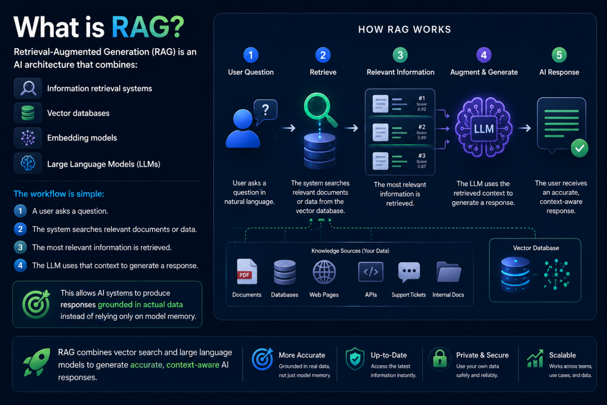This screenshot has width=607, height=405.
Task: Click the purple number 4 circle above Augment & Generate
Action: pos(484,55)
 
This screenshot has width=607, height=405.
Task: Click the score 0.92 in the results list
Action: pos(421,109)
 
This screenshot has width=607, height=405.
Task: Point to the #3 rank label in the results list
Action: pos(421,156)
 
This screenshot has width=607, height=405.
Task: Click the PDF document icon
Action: pos(247,272)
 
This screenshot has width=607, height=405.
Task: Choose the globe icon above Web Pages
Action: pos(324,272)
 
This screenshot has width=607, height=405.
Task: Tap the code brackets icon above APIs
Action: pos(371,272)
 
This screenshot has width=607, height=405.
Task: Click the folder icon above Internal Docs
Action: pos(449,272)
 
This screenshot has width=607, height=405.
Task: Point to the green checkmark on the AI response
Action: pos(579,148)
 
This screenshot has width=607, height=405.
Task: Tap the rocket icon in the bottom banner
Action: pos(37,362)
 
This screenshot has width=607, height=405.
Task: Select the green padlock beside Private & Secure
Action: pos(440,359)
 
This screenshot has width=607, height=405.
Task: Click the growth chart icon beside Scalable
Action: pos(535,359)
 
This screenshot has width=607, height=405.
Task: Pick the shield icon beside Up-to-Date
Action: pos(355,359)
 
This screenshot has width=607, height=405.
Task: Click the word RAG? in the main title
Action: pos(148,27)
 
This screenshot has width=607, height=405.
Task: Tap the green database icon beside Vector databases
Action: pos(28,113)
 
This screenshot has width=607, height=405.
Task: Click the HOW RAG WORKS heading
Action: pos(405,29)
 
